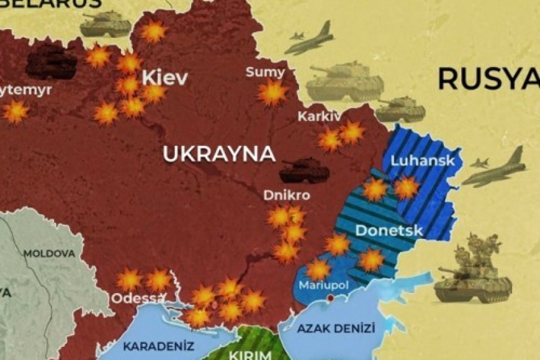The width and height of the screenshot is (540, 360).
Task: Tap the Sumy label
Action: pyautogui.click(x=265, y=72)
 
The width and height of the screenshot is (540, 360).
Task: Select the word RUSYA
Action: pyautogui.click(x=488, y=79)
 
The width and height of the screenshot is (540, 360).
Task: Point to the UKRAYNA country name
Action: pyautogui.click(x=218, y=154)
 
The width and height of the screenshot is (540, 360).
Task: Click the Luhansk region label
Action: pyautogui.click(x=423, y=161)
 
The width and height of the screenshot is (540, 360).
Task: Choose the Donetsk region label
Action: pyautogui.click(x=389, y=231)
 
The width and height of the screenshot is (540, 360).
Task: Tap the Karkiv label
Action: pyautogui.click(x=319, y=116)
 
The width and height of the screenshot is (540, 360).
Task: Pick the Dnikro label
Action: pyautogui.click(x=286, y=195)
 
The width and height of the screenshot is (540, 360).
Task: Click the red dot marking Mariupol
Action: pyautogui.click(x=331, y=298)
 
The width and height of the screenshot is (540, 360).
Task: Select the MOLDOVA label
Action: pyautogui.click(x=49, y=254)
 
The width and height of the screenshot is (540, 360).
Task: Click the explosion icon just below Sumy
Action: pyautogui.click(x=272, y=93)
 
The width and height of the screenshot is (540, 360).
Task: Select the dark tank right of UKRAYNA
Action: pyautogui.click(x=304, y=169)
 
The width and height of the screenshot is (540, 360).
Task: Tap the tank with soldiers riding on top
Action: pyautogui.click(x=474, y=270)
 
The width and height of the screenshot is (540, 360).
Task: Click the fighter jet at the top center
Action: pyautogui.click(x=310, y=39)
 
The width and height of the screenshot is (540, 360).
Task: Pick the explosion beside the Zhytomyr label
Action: pyautogui.click(x=16, y=112)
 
